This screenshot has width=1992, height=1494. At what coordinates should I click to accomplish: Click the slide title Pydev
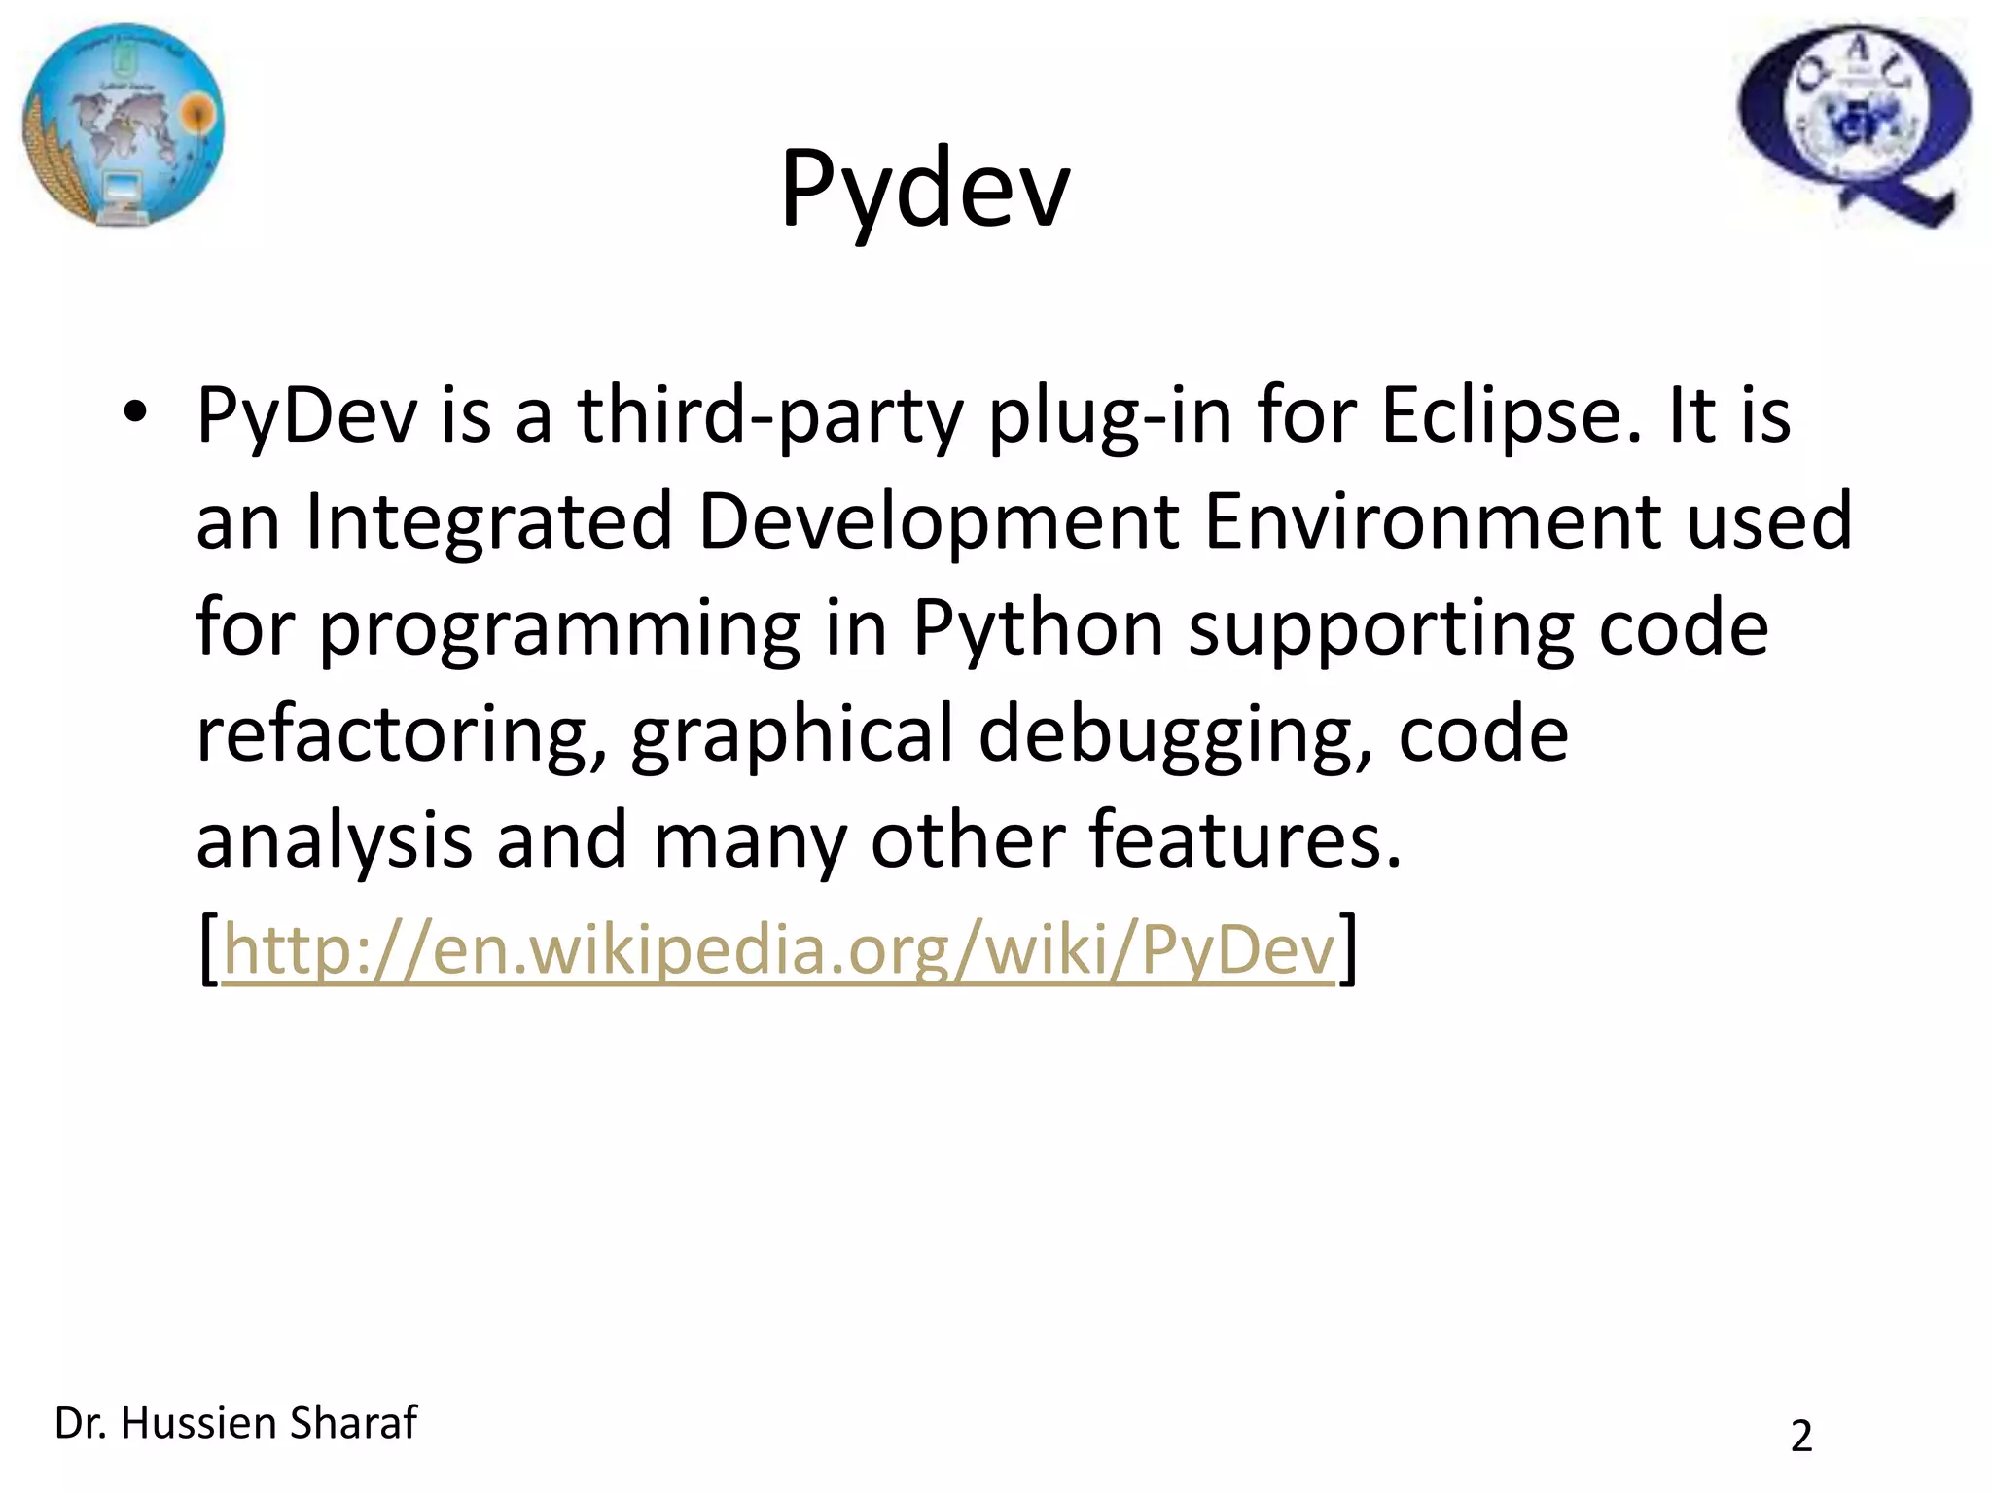[x=924, y=190]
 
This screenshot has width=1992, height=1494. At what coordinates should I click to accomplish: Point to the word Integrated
[x=489, y=522]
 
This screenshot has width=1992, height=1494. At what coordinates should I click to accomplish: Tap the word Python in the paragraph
[x=1038, y=629]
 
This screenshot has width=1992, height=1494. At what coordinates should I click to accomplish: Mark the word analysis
[x=334, y=841]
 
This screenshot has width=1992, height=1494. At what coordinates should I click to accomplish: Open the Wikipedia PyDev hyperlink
[x=778, y=948]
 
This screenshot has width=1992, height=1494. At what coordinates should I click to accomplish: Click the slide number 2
[x=1801, y=1437]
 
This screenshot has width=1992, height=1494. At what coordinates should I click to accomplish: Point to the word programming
[x=559, y=629]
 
